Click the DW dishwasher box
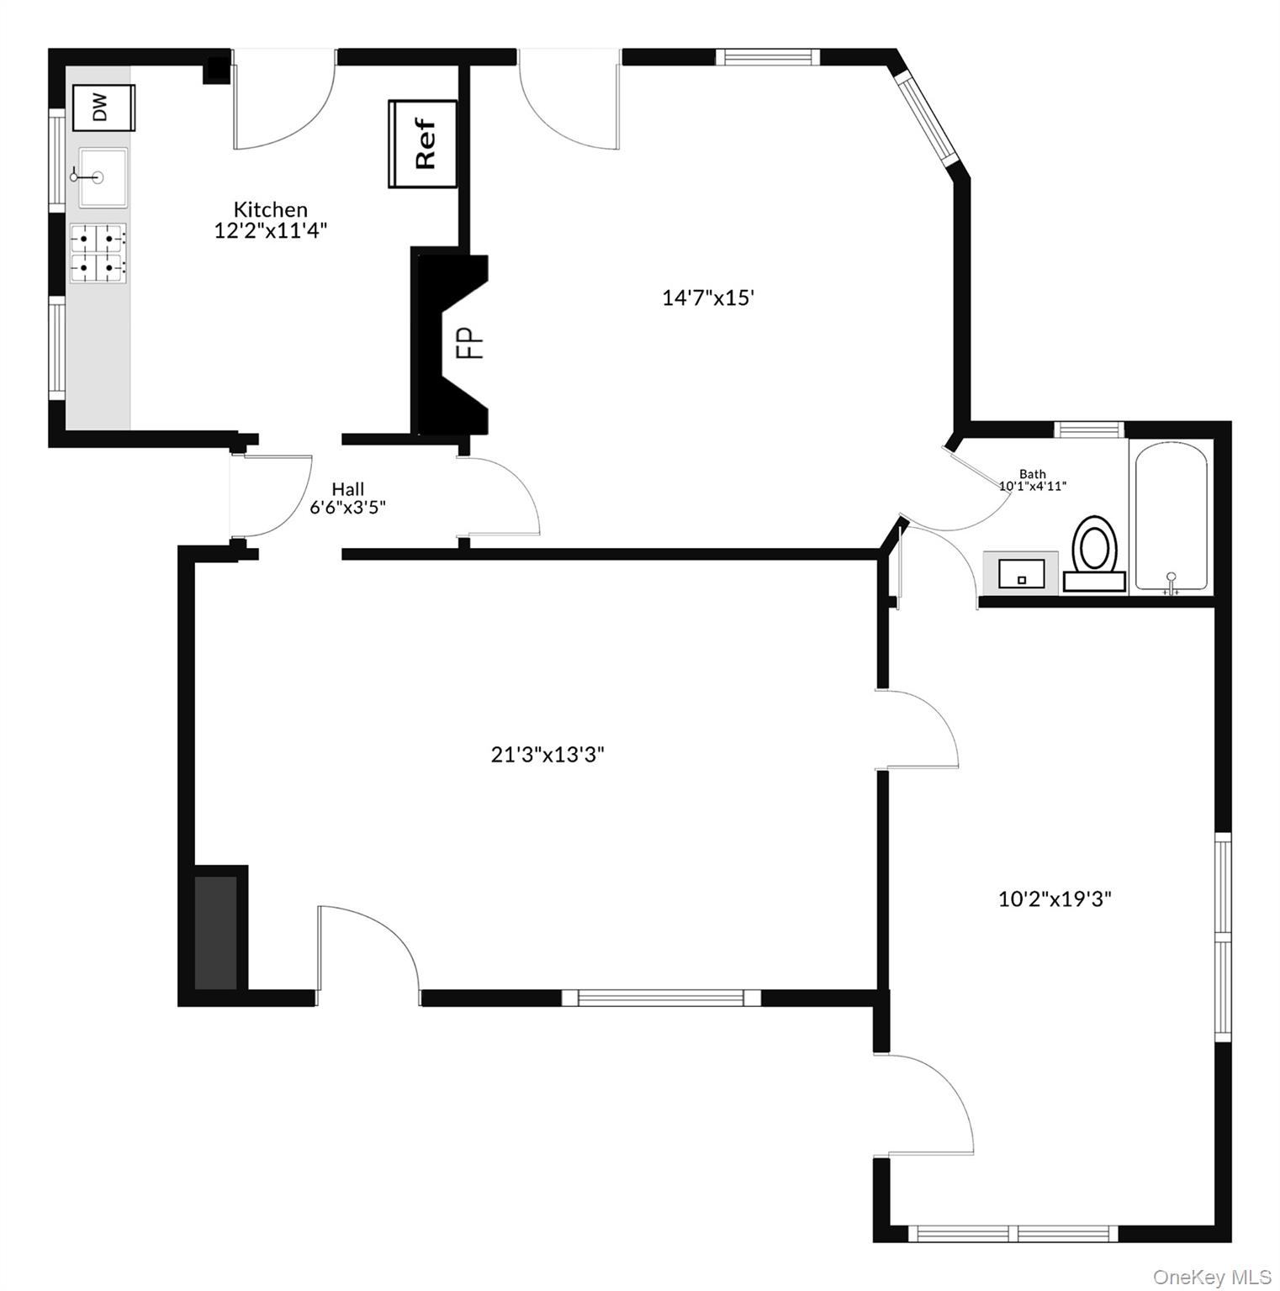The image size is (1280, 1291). point(103,108)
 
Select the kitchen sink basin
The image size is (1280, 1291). point(103,177)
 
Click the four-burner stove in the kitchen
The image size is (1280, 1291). point(98,253)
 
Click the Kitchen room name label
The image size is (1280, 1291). point(270,209)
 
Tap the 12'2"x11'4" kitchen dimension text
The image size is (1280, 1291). point(270,230)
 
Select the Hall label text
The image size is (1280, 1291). point(347,488)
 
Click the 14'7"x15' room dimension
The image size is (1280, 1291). point(707,298)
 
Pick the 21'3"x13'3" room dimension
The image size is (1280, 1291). point(547,755)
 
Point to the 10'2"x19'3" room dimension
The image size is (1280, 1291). point(1055,898)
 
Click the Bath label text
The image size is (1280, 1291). point(1032,474)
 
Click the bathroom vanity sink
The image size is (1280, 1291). point(1020,574)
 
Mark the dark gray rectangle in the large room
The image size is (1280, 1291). point(216,932)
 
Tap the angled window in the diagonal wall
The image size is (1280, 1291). point(927,119)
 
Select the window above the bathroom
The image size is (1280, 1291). point(1089,429)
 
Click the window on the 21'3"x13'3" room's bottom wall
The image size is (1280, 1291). point(661,998)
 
